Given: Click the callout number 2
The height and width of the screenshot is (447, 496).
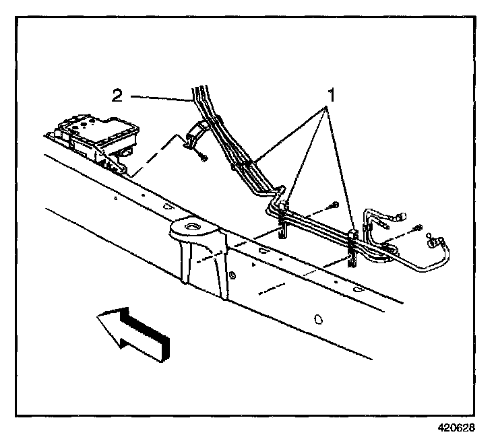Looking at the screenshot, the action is point(117,96).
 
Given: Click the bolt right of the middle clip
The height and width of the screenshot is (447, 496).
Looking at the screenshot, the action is point(334,205).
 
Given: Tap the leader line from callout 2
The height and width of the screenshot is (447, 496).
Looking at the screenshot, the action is point(159,98).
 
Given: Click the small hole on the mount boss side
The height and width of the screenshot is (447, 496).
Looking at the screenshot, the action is point(232,275).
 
